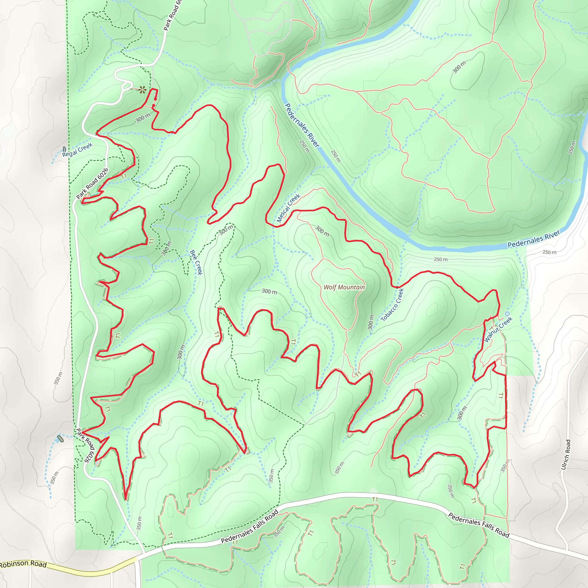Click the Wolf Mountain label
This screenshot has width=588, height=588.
(344, 287)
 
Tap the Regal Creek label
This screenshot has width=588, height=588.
(77, 150)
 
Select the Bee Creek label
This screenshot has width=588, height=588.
(196, 262)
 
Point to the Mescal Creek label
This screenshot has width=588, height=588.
(288, 208)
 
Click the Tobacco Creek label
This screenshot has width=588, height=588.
(392, 305)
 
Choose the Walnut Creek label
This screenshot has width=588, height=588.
(498, 329)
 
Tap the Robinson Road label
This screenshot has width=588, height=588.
(23, 564)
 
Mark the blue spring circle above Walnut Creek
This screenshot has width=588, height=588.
(507, 314)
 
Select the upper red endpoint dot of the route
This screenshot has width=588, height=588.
(156, 99)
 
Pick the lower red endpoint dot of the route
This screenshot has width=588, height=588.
(153, 106)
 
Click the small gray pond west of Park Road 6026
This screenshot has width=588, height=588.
(61, 439)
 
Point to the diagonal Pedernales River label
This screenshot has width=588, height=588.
(302, 125)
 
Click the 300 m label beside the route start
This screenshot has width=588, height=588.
(143, 118)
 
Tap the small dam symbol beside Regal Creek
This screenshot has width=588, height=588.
(64, 149)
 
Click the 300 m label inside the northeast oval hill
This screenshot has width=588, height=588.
(459, 67)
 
